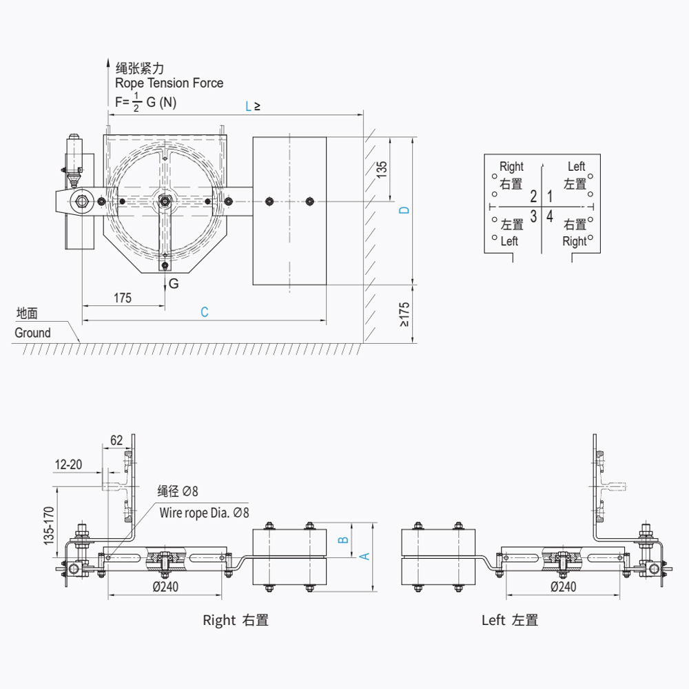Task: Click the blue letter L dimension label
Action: click(x=249, y=107)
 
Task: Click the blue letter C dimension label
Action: click(x=205, y=312)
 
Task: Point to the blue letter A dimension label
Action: click(x=366, y=556)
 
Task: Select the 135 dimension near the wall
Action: click(x=382, y=169)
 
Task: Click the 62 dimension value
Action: click(x=116, y=440)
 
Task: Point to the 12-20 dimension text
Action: click(x=68, y=464)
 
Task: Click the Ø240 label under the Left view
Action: click(x=564, y=586)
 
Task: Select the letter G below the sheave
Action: click(x=174, y=284)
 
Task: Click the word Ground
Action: click(x=32, y=333)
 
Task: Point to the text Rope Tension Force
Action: click(x=169, y=83)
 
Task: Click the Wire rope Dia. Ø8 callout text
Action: click(x=204, y=513)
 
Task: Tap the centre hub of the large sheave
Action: click(x=165, y=200)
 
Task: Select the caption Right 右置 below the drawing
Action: click(x=236, y=620)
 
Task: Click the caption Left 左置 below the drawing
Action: click(x=510, y=620)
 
